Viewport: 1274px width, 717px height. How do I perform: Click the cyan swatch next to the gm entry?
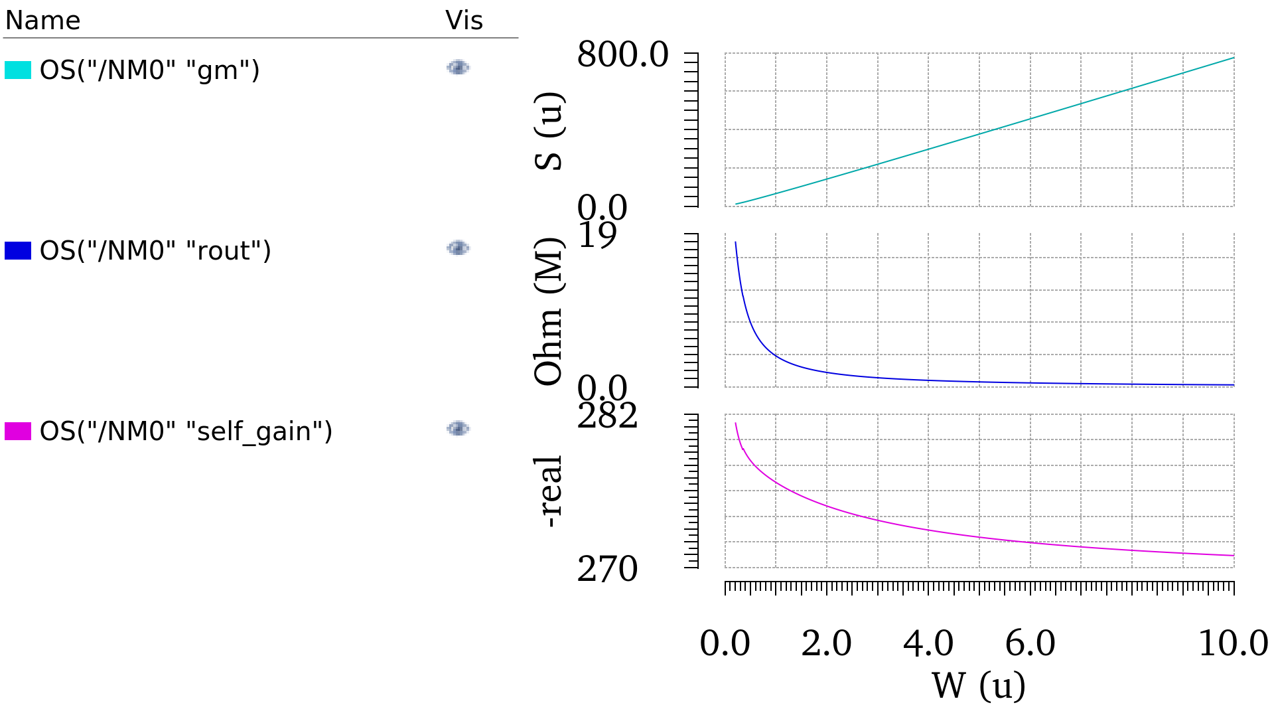click(18, 70)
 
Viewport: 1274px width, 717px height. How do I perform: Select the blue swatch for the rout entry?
click(18, 250)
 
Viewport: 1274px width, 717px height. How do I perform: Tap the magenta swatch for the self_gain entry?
click(18, 431)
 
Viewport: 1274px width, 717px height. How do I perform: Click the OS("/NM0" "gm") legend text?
click(149, 70)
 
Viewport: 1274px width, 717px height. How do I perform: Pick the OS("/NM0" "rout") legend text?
click(155, 251)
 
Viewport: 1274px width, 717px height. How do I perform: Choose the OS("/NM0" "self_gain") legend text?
click(186, 432)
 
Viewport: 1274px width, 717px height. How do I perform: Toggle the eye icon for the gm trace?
click(458, 68)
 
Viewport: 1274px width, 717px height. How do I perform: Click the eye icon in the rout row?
click(458, 248)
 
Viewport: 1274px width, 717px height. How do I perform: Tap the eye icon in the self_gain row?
click(458, 429)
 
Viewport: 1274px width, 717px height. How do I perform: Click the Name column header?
click(42, 21)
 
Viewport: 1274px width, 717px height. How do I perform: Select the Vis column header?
click(464, 21)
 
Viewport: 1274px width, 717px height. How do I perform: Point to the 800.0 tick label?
click(622, 54)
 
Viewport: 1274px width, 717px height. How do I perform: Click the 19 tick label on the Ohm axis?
click(597, 235)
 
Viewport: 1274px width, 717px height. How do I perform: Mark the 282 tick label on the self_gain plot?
click(607, 416)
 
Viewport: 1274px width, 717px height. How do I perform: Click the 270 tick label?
click(607, 569)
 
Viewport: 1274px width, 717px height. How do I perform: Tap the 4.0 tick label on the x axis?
click(928, 643)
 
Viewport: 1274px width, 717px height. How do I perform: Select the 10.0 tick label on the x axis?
click(1233, 643)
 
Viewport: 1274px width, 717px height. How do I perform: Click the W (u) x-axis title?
click(979, 686)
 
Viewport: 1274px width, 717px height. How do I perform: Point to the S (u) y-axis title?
click(549, 131)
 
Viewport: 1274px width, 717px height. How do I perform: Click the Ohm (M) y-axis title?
click(549, 311)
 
